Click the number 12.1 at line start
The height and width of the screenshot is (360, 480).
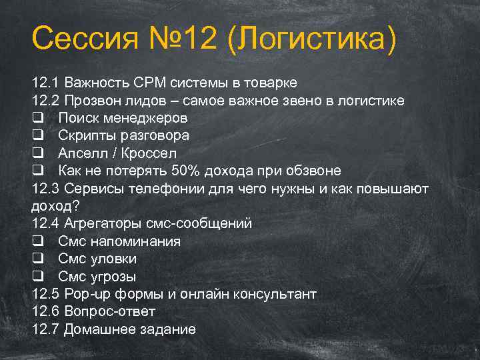click(45, 83)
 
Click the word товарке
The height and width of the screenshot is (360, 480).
click(269, 83)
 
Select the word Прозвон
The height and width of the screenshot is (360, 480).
click(94, 101)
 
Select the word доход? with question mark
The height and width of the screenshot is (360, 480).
click(51, 205)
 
